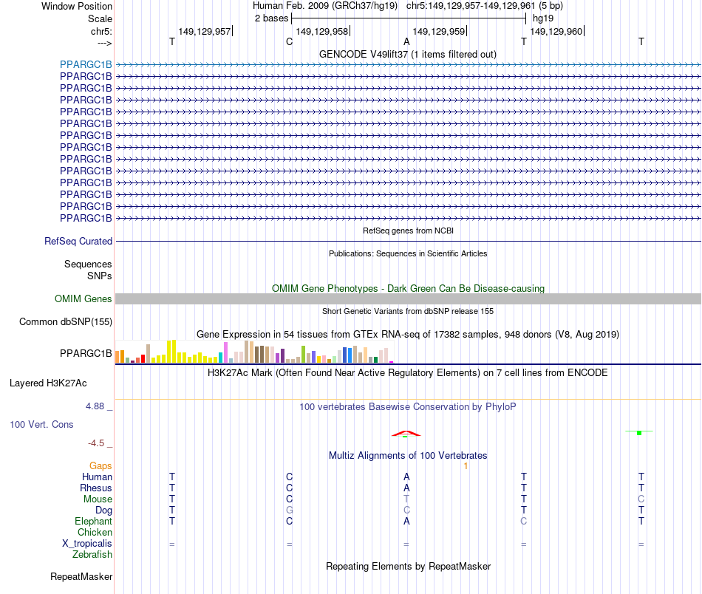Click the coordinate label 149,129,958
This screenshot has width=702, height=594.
321,31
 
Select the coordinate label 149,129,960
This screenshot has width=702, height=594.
556,31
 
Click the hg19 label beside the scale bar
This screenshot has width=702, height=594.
543,18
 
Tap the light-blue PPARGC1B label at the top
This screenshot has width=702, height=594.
86,64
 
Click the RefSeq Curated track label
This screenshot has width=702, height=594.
78,241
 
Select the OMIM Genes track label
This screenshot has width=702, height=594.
84,299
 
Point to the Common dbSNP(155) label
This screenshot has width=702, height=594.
65,321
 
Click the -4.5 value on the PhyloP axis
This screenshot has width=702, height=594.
100,443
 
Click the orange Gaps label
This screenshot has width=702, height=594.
100,466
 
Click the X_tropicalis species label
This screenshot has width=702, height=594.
87,543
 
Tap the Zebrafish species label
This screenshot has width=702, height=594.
92,554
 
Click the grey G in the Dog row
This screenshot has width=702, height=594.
290,510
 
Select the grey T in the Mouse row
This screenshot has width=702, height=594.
406,499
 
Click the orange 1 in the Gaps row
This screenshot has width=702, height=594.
466,466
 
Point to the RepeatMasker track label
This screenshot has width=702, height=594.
81,576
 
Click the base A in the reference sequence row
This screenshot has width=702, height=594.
406,42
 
